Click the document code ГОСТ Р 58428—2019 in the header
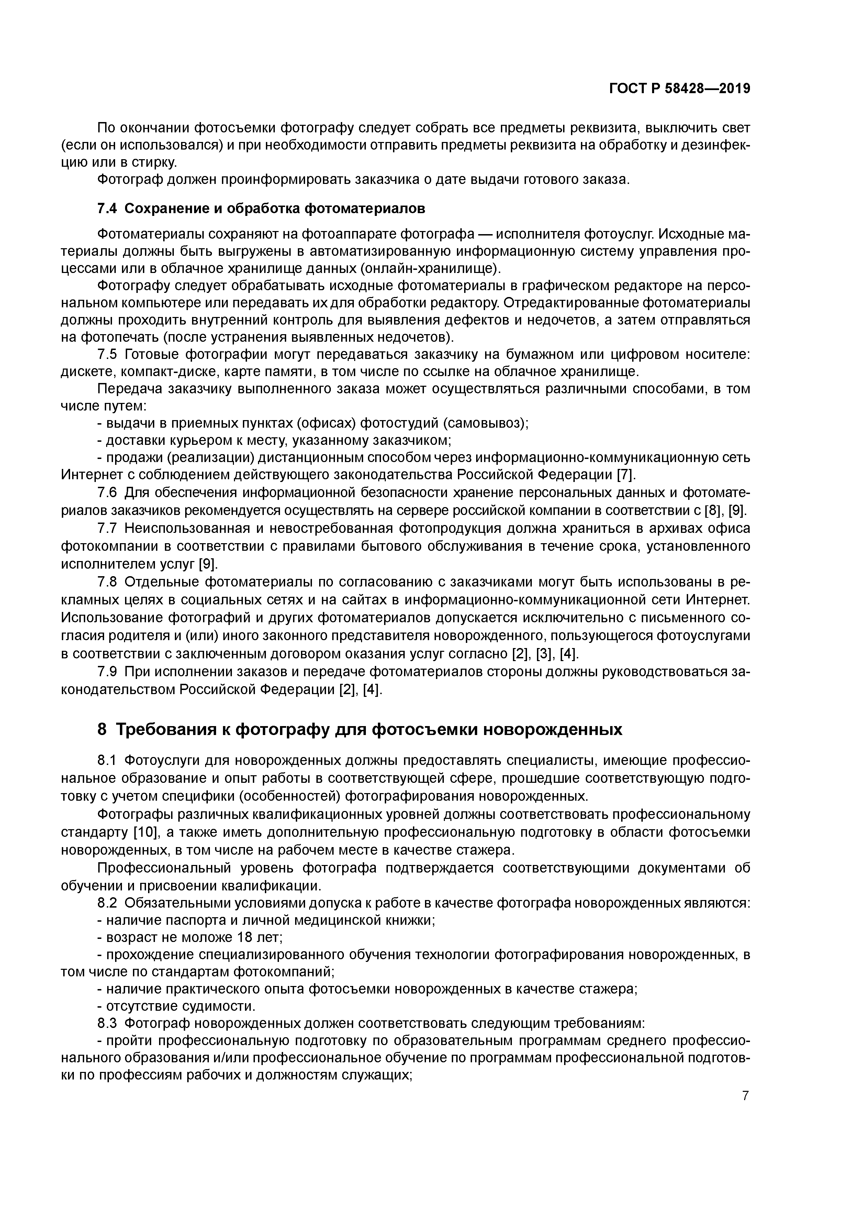point(679,89)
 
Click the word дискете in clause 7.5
point(88,372)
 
